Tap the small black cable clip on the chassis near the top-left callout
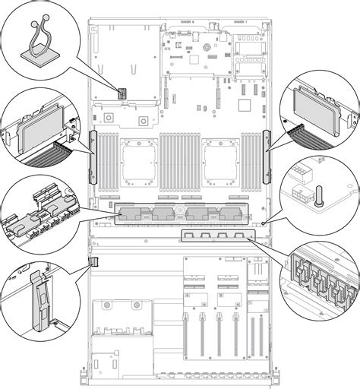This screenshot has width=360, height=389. pos(120,91)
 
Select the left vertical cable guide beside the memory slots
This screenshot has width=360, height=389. pos(93,156)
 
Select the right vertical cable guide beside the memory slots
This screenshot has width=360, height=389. pos(267,156)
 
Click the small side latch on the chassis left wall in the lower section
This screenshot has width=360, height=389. pos(94,262)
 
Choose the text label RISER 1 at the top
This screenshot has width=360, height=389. pos(240,23)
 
